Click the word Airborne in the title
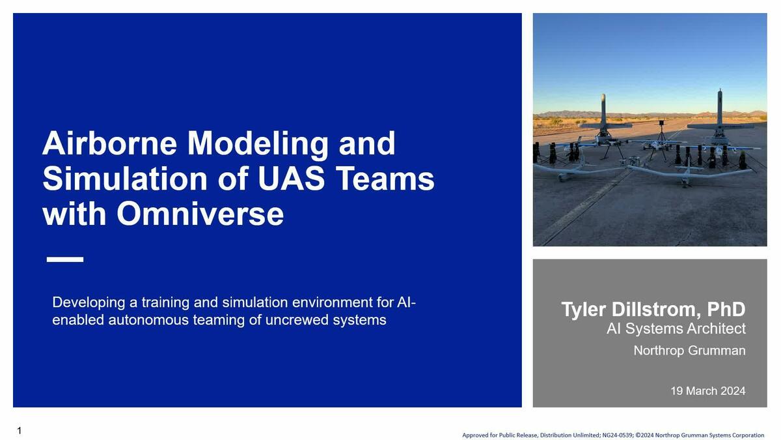click(x=109, y=143)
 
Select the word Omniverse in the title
click(x=200, y=214)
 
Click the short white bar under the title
click(x=65, y=259)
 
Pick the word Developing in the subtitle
click(x=89, y=302)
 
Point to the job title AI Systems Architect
click(x=676, y=329)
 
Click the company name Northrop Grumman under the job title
click(x=689, y=351)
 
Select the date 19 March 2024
click(x=707, y=391)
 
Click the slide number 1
click(x=20, y=430)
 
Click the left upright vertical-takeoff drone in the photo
click(x=603, y=121)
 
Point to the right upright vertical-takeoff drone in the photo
click(x=720, y=117)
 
